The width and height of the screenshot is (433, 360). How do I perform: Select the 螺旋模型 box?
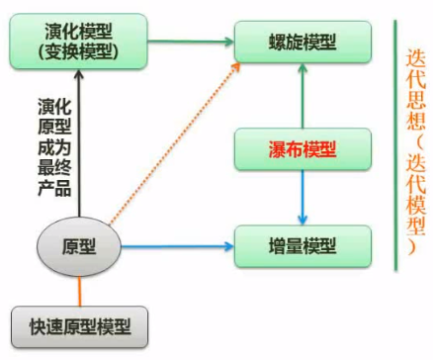tap(303, 44)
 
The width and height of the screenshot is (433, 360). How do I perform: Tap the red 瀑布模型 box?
tap(303, 149)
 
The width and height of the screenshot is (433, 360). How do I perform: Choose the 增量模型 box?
tap(303, 243)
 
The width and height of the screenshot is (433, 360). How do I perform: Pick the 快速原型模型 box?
tap(79, 323)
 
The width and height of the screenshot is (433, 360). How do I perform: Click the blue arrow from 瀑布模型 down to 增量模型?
tap(303, 197)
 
